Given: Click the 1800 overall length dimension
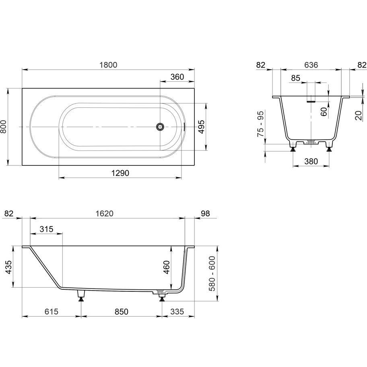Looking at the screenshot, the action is [x=108, y=65].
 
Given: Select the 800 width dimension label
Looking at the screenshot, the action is [x=4, y=127].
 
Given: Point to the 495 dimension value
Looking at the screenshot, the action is [x=201, y=127].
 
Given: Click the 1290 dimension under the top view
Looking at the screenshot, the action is [x=120, y=173].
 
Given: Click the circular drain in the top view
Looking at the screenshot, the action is [x=160, y=127].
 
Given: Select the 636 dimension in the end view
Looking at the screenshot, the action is [x=311, y=65].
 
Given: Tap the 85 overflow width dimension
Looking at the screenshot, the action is [x=296, y=78].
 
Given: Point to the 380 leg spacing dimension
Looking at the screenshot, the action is [x=311, y=161].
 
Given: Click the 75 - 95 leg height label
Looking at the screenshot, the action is [x=260, y=124].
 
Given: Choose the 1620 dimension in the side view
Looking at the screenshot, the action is [x=104, y=213].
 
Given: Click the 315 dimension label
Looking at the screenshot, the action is [x=46, y=229].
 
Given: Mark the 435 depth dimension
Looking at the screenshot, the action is [x=8, y=267].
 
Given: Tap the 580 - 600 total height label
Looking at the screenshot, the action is [x=212, y=273].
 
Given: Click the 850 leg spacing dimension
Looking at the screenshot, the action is [x=122, y=311].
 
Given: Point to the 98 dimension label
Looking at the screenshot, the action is [x=205, y=213].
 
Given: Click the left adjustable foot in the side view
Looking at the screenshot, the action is [x=81, y=296].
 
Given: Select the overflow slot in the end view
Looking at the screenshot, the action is [x=311, y=102].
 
